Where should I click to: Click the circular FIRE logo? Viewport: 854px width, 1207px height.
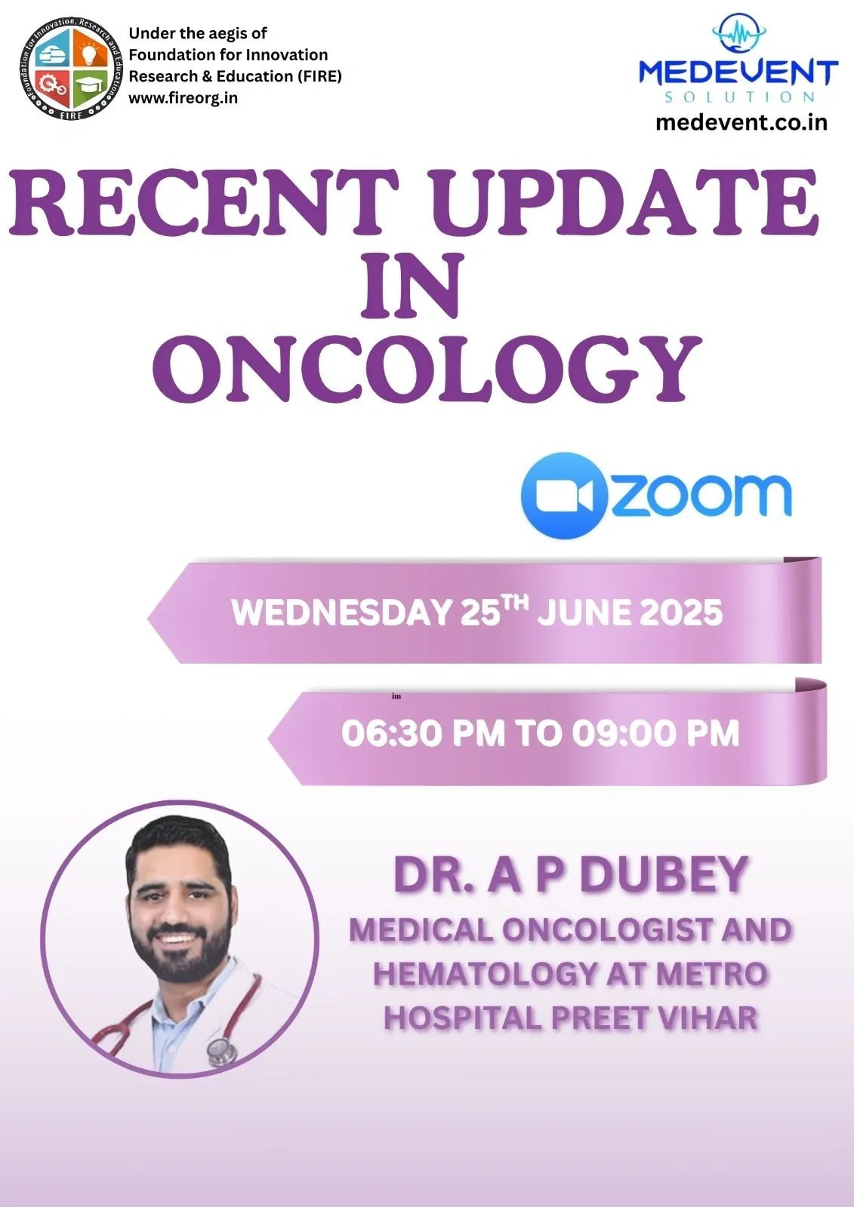click(72, 69)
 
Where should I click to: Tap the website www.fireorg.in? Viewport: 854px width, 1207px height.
click(183, 98)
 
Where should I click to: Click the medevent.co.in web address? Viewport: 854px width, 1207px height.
click(741, 123)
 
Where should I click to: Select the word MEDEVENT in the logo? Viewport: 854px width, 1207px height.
click(738, 72)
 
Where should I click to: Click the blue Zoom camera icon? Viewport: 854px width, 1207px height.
click(564, 495)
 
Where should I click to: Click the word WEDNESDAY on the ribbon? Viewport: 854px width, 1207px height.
click(341, 613)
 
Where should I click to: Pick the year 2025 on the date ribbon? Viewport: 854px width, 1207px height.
click(677, 613)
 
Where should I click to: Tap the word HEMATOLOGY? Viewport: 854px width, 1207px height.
click(485, 974)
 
